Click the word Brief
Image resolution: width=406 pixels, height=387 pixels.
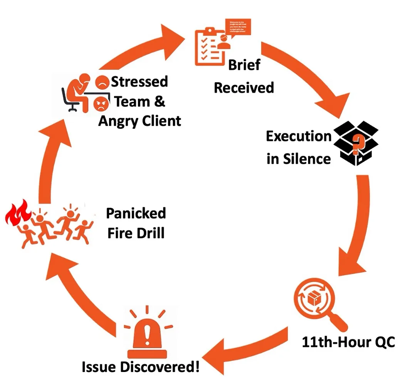click(x=244, y=65)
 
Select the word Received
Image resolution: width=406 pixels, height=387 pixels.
click(x=244, y=87)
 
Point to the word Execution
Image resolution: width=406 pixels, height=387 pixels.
click(x=299, y=136)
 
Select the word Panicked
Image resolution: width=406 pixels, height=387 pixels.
click(x=136, y=213)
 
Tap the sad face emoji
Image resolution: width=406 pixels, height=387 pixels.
click(x=102, y=82)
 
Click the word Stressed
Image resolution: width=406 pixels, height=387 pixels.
click(x=139, y=82)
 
